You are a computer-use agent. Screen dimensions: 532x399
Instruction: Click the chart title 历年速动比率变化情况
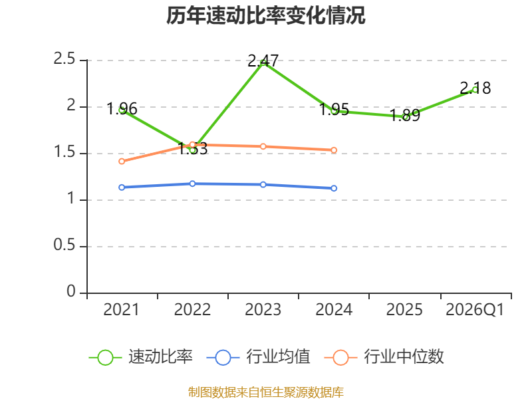(265, 15)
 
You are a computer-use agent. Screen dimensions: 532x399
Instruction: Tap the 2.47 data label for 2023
(263, 61)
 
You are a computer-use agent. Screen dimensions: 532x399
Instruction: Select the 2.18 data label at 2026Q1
(475, 88)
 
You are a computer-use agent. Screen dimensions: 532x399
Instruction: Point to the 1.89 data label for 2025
(405, 115)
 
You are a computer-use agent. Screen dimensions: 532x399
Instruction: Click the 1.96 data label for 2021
(122, 109)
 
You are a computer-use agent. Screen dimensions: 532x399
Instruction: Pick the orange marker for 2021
(122, 162)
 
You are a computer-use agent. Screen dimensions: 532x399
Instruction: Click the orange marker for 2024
(334, 150)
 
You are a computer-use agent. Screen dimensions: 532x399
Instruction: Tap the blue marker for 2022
(192, 184)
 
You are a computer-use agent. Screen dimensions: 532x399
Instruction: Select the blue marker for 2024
(334, 188)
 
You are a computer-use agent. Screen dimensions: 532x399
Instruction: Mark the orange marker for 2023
(263, 146)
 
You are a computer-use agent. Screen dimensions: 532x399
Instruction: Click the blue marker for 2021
(122, 188)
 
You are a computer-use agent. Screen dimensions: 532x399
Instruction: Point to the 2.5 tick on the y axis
(64, 59)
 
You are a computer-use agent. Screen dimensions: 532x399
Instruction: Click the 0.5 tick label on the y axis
(64, 245)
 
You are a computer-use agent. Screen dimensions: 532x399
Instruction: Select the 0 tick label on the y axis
(71, 291)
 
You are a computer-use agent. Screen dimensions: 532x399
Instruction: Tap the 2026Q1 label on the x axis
(475, 310)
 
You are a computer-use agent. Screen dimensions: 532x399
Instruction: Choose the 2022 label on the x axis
(192, 310)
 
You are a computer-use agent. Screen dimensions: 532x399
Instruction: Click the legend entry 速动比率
(141, 357)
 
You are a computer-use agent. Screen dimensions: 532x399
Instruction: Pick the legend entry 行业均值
(258, 357)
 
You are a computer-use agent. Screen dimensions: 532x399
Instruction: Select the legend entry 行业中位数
(384, 357)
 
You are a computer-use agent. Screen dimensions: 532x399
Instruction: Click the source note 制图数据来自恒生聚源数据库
(265, 392)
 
